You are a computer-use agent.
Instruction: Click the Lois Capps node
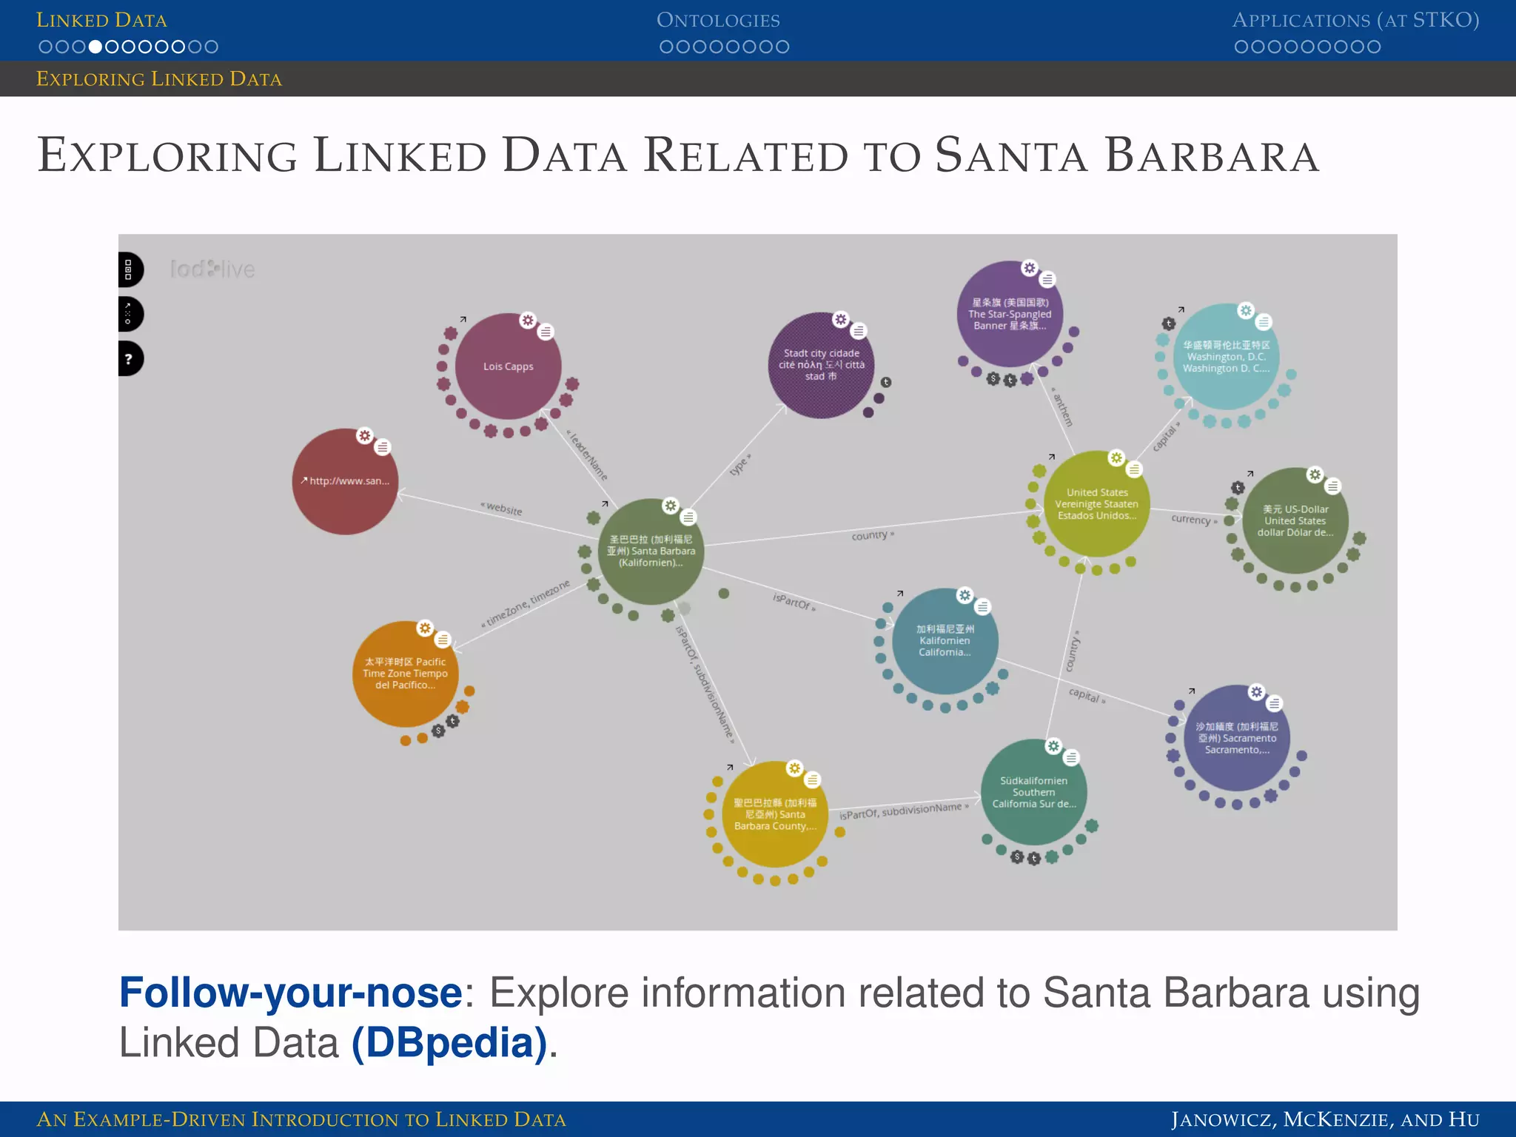(508, 366)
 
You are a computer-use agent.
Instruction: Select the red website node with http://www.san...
(345, 481)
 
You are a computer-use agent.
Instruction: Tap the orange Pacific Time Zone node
(405, 674)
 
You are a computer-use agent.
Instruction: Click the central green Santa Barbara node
(651, 551)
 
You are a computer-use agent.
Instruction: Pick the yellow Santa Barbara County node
(774, 814)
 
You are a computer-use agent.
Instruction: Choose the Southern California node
(1033, 792)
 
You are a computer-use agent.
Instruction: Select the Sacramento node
(1236, 738)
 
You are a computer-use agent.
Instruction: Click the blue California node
(945, 641)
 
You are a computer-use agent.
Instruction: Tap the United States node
(1096, 504)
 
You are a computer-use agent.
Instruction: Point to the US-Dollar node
(1295, 521)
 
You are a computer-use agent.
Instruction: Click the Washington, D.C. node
(1225, 357)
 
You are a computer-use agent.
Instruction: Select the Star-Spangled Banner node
(1009, 314)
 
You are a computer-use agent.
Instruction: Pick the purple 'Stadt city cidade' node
(821, 365)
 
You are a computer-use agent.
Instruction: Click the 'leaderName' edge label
(588, 455)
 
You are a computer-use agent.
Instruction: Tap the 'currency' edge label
(1193, 520)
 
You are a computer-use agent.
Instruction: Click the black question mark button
(129, 359)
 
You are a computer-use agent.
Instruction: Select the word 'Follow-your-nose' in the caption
(290, 993)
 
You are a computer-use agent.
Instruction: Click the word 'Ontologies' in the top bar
(718, 20)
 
